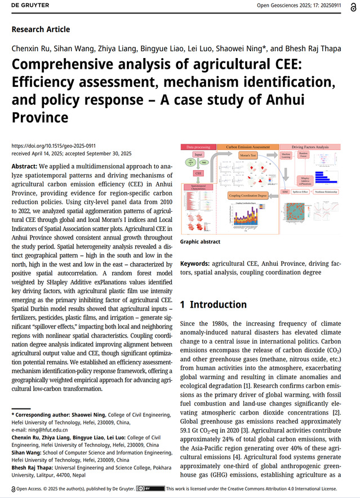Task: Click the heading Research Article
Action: (x=41, y=29)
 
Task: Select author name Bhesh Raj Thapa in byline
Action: (x=313, y=48)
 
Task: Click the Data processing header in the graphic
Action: (x=198, y=147)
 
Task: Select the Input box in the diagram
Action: (x=198, y=154)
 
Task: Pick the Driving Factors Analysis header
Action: (x=309, y=147)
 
